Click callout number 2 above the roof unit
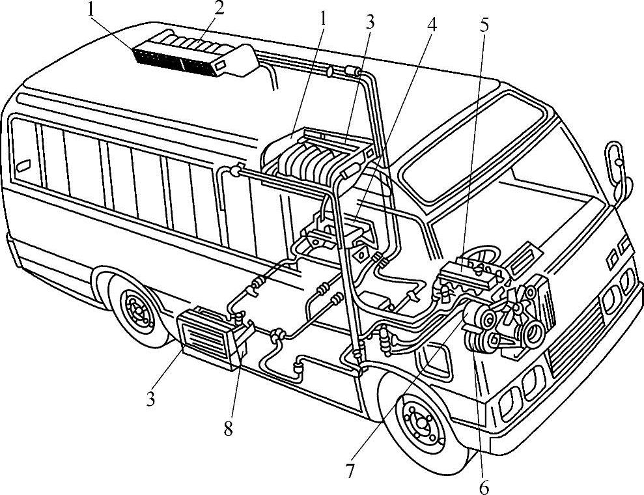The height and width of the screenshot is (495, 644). point(219,8)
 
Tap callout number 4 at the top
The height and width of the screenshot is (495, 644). point(431,25)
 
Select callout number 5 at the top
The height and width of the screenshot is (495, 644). point(484,25)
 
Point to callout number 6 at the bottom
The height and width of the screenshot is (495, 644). point(484,488)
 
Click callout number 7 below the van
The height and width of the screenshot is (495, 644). point(350,471)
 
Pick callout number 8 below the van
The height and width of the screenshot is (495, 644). point(228,429)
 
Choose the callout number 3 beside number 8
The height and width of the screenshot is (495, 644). point(150,399)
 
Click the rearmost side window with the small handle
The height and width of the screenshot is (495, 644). point(25,152)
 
